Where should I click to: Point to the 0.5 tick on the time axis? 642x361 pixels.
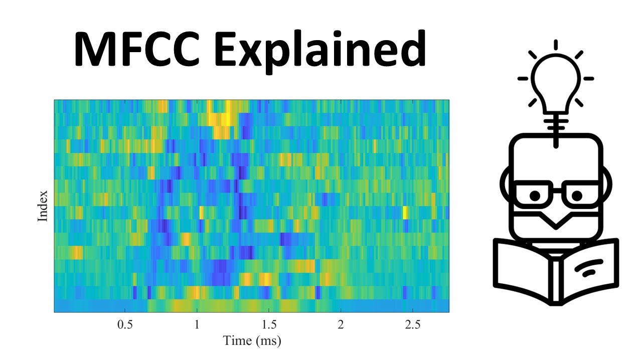coord(125,324)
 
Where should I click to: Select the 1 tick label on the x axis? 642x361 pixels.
coord(197,324)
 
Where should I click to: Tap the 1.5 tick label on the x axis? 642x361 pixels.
coord(269,324)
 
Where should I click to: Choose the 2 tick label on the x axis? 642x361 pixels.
coord(341,324)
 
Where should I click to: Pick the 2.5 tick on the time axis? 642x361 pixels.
coord(412,324)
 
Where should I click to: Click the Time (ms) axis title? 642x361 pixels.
coord(252,341)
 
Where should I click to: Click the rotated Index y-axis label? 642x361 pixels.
coord(43,206)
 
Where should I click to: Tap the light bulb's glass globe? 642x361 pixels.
coord(556,80)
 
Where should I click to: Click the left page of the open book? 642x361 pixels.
coord(522,268)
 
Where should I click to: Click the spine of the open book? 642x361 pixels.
coord(556,278)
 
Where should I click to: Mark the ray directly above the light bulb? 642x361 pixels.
coord(556,45)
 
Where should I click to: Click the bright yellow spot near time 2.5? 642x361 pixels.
coord(405,213)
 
